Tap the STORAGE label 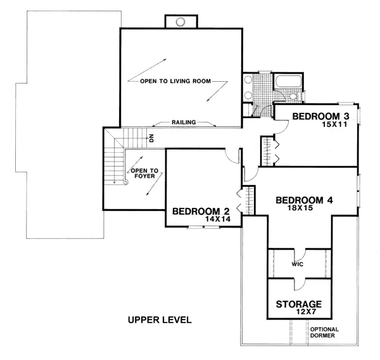pyautogui.click(x=299, y=304)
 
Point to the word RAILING pyautogui.click(x=184, y=122)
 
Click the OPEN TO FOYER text pyautogui.click(x=144, y=174)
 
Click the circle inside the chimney pyautogui.click(x=180, y=22)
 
